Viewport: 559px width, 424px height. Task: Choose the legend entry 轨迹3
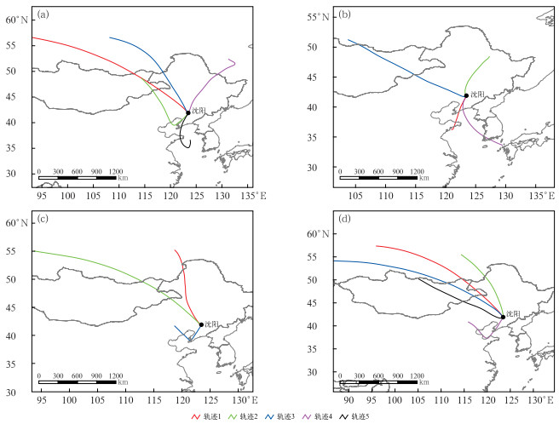(x=289, y=416)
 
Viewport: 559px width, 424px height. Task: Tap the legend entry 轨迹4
(x=328, y=416)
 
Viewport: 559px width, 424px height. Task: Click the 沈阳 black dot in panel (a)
(x=188, y=112)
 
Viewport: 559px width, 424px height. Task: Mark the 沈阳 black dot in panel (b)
(x=465, y=95)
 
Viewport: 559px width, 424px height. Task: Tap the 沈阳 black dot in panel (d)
(x=502, y=317)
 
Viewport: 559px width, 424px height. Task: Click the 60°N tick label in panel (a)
(x=17, y=19)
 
